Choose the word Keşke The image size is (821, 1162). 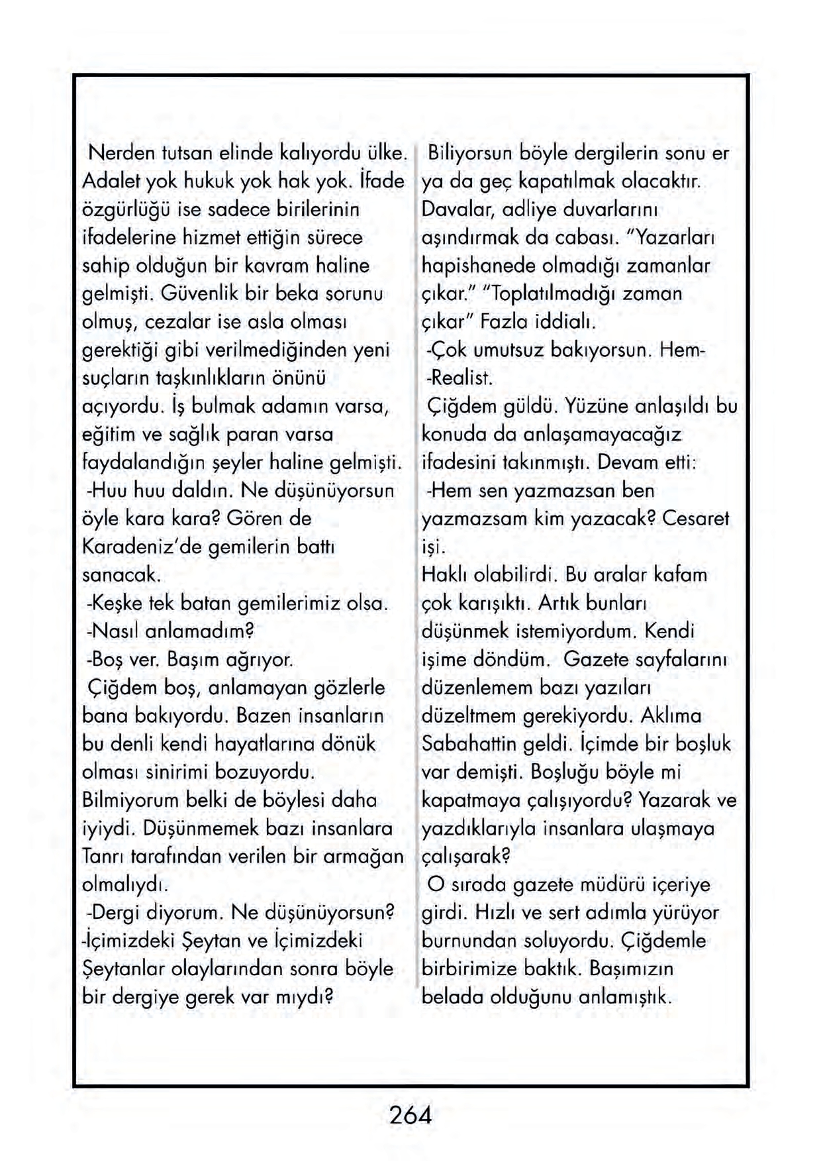click(x=115, y=604)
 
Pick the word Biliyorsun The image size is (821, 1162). click(x=471, y=154)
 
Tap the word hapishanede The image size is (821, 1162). click(x=479, y=266)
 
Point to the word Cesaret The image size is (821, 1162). click(x=695, y=519)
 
